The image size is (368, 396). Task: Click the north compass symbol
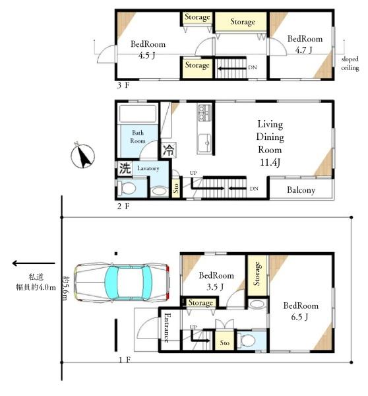pos(82,156)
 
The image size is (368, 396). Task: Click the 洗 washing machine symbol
pos(125,168)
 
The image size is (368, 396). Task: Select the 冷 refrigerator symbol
pos(168,150)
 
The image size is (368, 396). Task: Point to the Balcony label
pos(301,190)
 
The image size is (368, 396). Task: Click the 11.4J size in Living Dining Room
pos(270,162)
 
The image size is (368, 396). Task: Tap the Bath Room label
pos(138,137)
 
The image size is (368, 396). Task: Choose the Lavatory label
pos(148,168)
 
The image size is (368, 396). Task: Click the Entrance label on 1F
pos(167,327)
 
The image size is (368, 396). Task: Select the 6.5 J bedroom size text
pos(299,317)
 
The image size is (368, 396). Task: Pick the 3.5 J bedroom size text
pos(215,286)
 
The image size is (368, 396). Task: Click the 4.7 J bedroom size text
pos(304,50)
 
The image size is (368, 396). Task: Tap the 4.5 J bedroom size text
pos(147,55)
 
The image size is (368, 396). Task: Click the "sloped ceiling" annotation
pos(350,63)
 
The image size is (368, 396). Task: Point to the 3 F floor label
pos(123,85)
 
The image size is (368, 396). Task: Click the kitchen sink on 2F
pos(204,143)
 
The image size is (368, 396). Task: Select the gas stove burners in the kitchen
pos(204,113)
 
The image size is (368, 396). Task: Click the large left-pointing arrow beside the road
pos(34,263)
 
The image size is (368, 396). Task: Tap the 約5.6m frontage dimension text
pos(65,288)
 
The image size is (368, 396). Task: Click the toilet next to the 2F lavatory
pos(127,188)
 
